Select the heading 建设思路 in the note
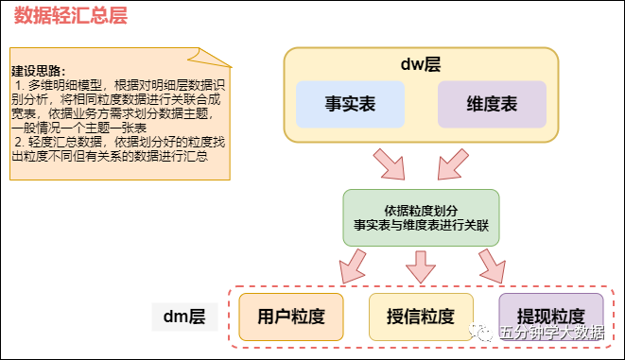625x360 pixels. [39, 71]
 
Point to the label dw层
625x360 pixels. [421, 64]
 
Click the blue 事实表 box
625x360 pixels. [350, 104]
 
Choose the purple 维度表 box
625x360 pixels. [492, 104]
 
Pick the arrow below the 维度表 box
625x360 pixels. [451, 164]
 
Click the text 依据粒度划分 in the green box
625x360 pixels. [420, 209]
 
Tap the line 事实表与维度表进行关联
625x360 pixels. [420, 227]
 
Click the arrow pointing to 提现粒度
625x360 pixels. [491, 266]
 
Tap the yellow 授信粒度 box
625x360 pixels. [420, 316]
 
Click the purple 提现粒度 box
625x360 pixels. [550, 316]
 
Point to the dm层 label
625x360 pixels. [185, 316]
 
